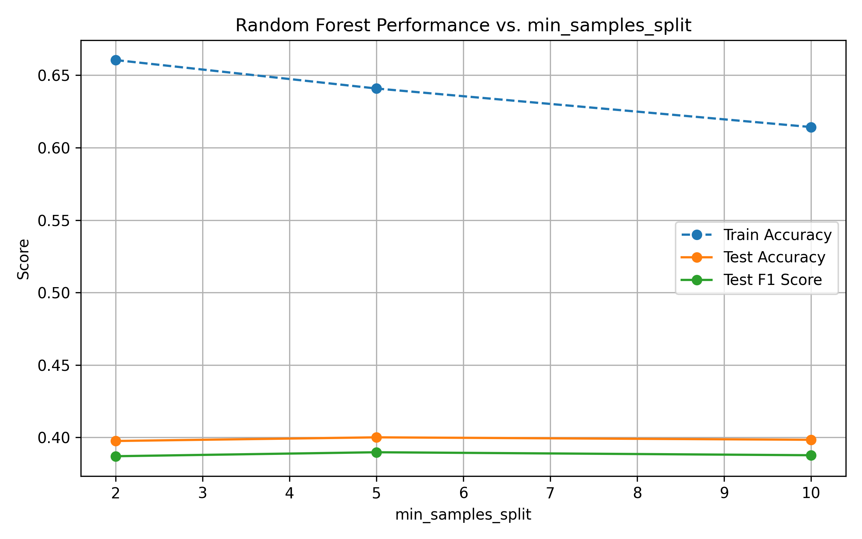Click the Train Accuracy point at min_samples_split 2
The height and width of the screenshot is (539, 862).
116,60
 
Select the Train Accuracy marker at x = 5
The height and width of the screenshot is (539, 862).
376,88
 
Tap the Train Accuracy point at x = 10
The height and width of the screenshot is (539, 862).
811,127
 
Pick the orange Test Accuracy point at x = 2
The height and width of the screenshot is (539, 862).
116,441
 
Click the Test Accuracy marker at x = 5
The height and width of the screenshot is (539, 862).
376,437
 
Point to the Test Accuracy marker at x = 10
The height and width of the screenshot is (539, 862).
811,440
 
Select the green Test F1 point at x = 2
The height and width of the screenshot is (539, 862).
116,456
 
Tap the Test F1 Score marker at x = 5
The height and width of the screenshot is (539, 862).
376,452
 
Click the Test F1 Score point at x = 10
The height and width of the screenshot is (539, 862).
811,455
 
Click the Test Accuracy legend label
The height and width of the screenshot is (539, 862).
774,257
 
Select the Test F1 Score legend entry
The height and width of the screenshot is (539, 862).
773,280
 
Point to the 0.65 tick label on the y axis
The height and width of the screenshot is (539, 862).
54,76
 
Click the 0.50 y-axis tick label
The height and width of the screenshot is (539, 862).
54,293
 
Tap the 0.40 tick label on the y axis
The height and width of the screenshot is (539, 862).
54,438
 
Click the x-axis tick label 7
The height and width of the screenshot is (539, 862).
550,493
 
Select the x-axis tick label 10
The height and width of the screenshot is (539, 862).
811,493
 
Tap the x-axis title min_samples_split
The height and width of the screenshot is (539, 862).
463,515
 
